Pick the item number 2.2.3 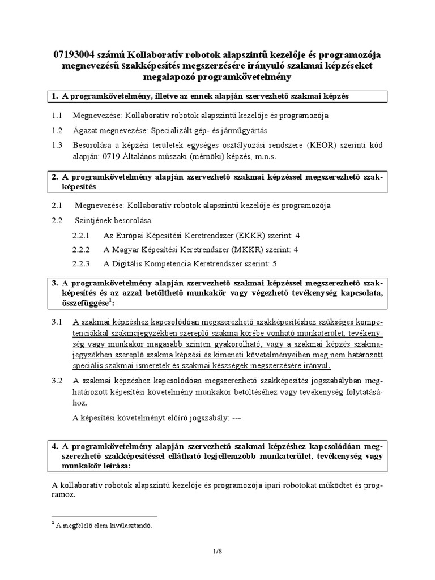tap(82, 263)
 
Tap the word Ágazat tap(86, 130)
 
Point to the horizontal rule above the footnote tap(104, 517)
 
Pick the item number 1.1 tap(57, 116)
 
